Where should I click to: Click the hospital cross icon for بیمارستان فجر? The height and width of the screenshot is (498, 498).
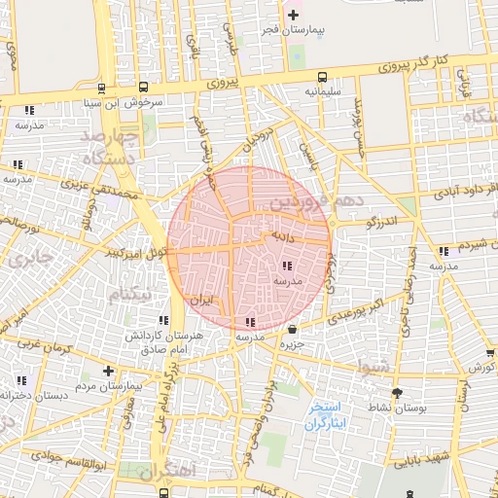click(294, 15)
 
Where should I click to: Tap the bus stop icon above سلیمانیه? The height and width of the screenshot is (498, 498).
click(321, 77)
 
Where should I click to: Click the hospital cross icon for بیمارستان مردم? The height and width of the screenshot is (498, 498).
click(108, 371)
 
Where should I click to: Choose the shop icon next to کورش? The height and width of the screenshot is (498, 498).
click(489, 353)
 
